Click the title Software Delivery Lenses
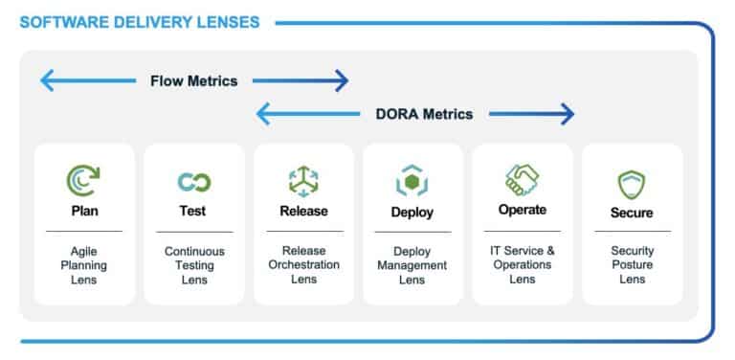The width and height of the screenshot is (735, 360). pyautogui.click(x=140, y=21)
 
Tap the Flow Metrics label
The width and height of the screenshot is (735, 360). pyautogui.click(x=193, y=81)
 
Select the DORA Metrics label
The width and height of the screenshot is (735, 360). pyautogui.click(x=424, y=114)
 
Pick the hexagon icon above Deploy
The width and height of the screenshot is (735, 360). pyautogui.click(x=412, y=181)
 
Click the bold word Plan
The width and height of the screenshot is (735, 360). pyautogui.click(x=83, y=212)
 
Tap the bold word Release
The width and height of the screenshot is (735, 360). pyautogui.click(x=303, y=212)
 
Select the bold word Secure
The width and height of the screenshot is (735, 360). pyautogui.click(x=631, y=213)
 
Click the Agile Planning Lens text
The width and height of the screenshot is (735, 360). pyautogui.click(x=83, y=265)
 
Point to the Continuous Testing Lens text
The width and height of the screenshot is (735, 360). pyautogui.click(x=193, y=265)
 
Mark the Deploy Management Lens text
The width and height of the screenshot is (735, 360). pyautogui.click(x=412, y=265)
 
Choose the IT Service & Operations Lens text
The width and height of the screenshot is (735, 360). pyautogui.click(x=522, y=265)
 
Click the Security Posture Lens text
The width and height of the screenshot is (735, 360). pyautogui.click(x=631, y=265)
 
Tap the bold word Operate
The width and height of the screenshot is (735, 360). pyautogui.click(x=522, y=211)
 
